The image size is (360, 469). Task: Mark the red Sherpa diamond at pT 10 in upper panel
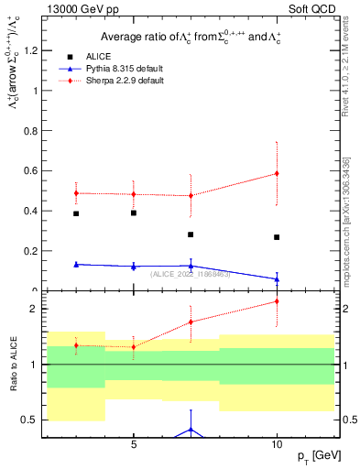coord(277,173)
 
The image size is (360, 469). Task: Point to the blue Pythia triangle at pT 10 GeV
coord(277,279)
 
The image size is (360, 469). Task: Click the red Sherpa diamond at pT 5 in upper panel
coord(134,194)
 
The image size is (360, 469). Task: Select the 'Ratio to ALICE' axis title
coord(13,366)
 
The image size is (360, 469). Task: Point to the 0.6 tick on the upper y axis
coord(33,170)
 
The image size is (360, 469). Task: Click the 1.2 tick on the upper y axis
coord(33,50)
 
